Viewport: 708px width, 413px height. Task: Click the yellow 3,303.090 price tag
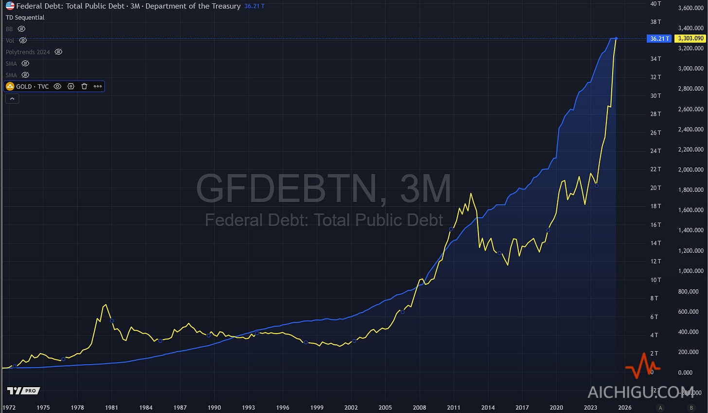pos(691,38)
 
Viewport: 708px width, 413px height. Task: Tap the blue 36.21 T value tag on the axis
pos(659,38)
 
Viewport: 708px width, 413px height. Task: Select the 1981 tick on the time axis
pos(112,408)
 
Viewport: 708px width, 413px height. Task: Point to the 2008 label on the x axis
pos(419,408)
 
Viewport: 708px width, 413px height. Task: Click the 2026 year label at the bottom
pos(624,408)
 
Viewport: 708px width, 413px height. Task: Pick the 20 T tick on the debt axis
pos(655,188)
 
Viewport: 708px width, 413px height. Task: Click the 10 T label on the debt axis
pos(655,280)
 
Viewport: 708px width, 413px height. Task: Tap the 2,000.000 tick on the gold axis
pos(690,170)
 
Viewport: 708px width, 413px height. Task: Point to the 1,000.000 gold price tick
pos(690,271)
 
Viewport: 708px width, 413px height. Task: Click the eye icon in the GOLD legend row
pos(57,86)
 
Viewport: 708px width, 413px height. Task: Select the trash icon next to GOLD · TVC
pos(84,86)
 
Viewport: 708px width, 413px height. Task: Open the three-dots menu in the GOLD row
pos(98,86)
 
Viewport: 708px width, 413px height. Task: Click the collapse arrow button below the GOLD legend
pos(12,98)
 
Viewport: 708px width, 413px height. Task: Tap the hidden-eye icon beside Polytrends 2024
pos(58,52)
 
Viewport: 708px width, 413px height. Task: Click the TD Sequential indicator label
pos(25,18)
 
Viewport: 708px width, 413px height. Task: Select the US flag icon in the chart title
pos(10,6)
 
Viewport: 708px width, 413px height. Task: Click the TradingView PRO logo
pos(23,391)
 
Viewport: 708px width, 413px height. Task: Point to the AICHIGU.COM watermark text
pos(640,392)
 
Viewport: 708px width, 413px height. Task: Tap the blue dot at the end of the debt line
pos(616,38)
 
